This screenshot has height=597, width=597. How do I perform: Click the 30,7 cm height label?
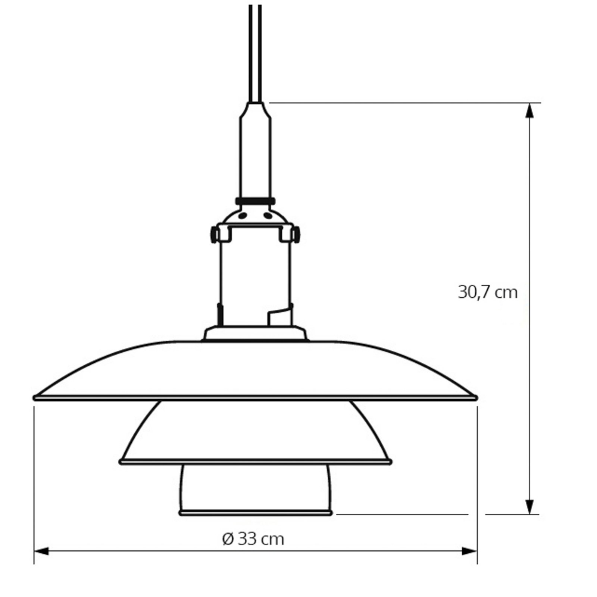(487, 292)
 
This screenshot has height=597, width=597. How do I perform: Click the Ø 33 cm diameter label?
(253, 539)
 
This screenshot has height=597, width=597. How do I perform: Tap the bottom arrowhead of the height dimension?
(529, 507)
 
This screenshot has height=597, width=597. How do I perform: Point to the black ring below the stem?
(255, 201)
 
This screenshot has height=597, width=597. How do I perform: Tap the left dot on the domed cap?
(243, 215)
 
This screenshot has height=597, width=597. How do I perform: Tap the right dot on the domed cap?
(268, 215)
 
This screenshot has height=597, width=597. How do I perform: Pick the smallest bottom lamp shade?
(255, 489)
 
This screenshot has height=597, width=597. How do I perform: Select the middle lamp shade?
(255, 433)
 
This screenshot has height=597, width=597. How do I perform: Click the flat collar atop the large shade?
(255, 333)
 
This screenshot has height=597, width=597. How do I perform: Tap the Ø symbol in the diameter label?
(228, 539)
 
